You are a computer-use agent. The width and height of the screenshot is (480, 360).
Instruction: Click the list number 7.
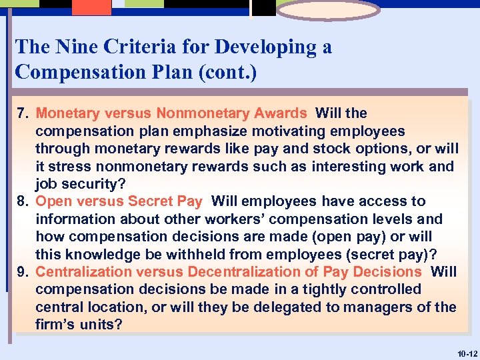[21, 114]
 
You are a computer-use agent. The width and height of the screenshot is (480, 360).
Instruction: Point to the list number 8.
[21, 201]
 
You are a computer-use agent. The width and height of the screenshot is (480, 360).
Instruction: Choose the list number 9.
[21, 272]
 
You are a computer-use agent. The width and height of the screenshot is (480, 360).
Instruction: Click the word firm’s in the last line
[56, 325]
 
